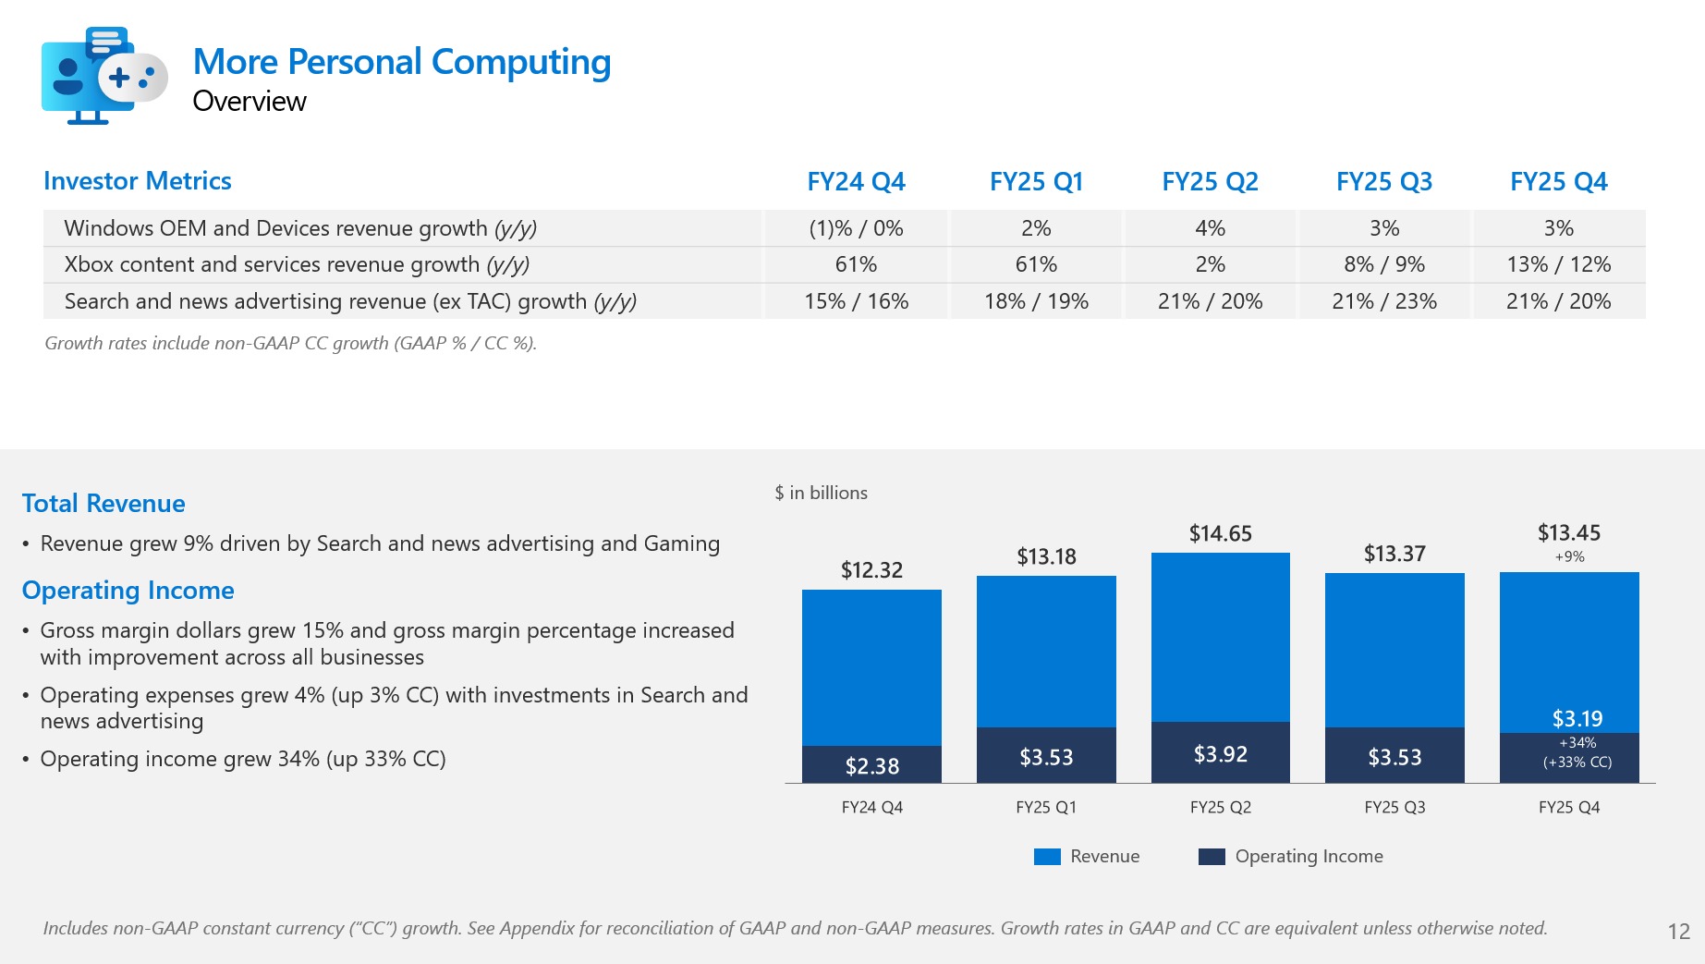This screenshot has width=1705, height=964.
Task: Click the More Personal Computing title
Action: [401, 62]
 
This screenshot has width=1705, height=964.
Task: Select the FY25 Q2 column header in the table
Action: [1210, 182]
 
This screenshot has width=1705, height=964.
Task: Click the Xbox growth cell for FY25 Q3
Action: [1383, 264]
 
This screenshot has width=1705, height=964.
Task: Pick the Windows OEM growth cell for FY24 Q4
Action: [856, 228]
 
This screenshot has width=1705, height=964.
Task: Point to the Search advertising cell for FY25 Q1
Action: [1036, 301]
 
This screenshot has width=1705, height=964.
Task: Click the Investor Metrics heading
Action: [137, 181]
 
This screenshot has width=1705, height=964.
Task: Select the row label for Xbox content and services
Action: [297, 264]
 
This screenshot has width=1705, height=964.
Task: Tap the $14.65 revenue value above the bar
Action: [1220, 533]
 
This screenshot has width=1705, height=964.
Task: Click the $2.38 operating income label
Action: [871, 766]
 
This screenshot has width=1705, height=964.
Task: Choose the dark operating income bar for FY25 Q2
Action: [1220, 752]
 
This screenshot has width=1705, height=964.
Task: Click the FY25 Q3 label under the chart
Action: [1394, 807]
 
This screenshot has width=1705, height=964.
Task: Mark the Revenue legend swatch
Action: [1047, 857]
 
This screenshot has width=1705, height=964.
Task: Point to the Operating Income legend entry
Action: [1308, 857]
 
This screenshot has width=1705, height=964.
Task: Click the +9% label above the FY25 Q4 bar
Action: [1569, 556]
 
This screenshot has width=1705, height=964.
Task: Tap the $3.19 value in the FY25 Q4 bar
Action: [1577, 718]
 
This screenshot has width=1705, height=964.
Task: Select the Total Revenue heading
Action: [104, 504]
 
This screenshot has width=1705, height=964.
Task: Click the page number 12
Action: [1678, 931]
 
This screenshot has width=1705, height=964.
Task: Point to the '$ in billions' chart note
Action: [821, 493]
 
